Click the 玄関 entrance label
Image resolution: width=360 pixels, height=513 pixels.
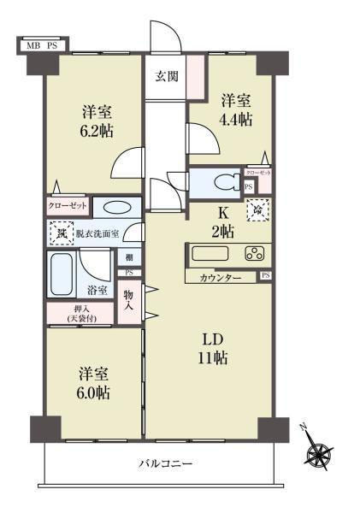tap(166, 76)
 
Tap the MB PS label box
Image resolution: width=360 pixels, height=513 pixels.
tap(41, 44)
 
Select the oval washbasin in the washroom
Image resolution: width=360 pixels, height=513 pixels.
tap(111, 207)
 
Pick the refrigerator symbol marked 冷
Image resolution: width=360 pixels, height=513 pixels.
tap(258, 208)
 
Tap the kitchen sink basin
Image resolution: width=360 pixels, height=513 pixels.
tap(208, 253)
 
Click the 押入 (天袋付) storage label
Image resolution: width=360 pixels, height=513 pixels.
tap(80, 314)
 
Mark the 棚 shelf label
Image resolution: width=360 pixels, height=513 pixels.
tap(127, 257)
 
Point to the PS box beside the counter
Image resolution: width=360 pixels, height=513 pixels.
tap(266, 276)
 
